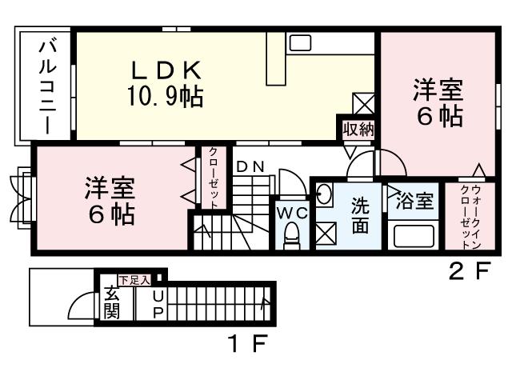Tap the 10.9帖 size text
tap(165, 98)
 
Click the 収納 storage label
tap(358, 130)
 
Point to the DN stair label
tap(250, 166)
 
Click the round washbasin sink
tap(325, 193)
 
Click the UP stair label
tap(158, 303)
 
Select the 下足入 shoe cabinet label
tap(134, 279)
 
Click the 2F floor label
tap(467, 272)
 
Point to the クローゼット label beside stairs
tap(214, 178)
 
